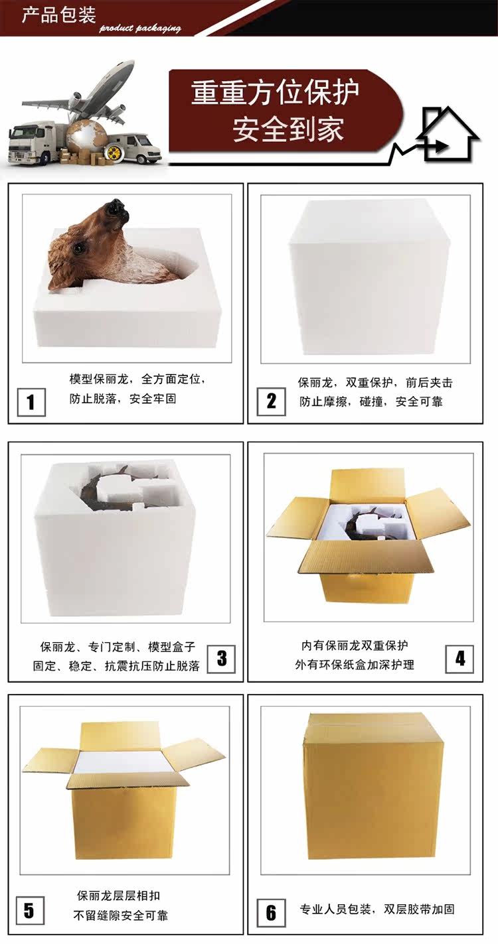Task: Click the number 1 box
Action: coord(31,402)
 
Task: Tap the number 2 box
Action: coord(271,401)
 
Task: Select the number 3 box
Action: coord(221,659)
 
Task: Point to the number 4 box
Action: coord(459,659)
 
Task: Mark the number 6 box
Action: coord(271,913)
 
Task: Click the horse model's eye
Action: coord(78,248)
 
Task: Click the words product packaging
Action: coord(140,29)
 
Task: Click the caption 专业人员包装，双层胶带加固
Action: coord(377,909)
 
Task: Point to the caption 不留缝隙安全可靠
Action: coord(121,915)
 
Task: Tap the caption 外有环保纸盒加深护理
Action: coord(355,665)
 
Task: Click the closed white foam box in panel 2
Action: coord(370,278)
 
